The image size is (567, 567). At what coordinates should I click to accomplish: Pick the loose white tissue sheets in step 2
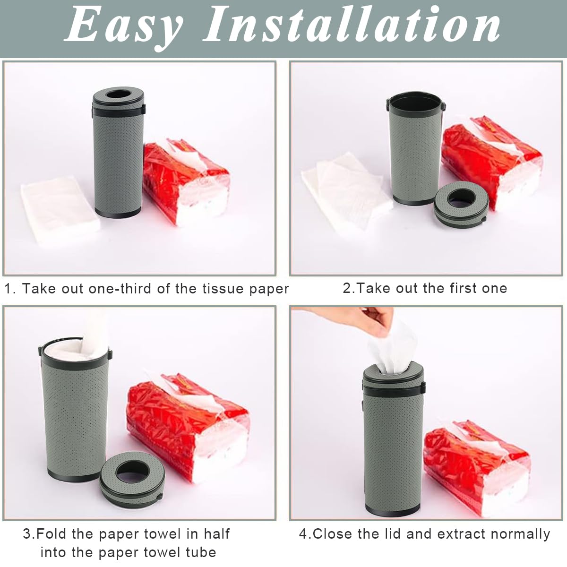(343, 189)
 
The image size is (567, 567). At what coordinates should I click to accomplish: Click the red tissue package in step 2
(491, 161)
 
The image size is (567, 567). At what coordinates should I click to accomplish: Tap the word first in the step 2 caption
(450, 288)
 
